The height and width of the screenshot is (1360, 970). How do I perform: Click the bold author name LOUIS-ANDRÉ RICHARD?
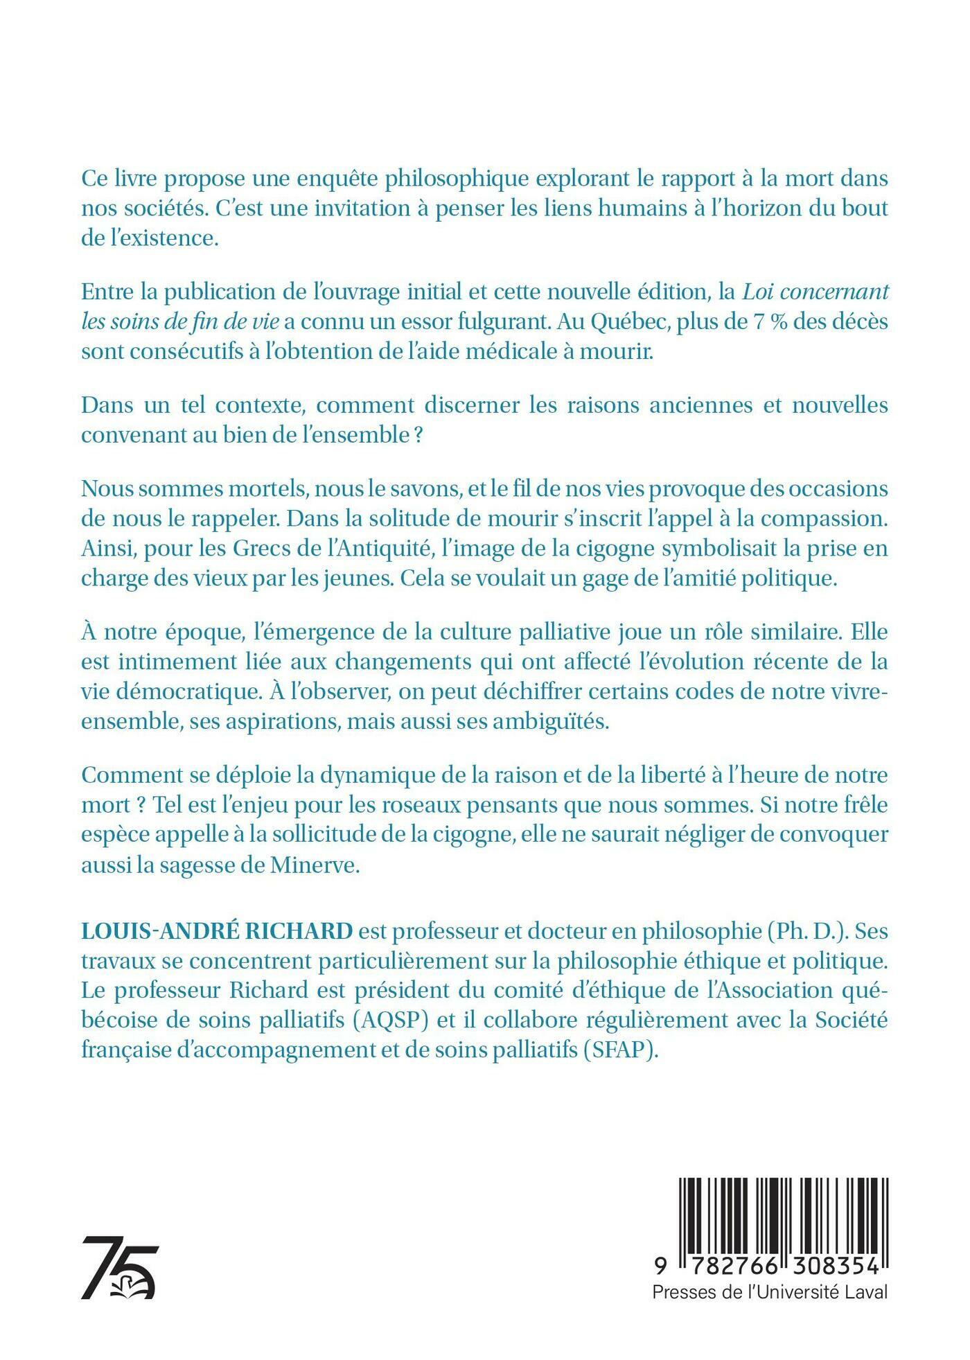coord(217,930)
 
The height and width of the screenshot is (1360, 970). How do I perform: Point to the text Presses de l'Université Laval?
coord(769,1292)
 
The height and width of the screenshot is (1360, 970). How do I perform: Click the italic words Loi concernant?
coord(815,292)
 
